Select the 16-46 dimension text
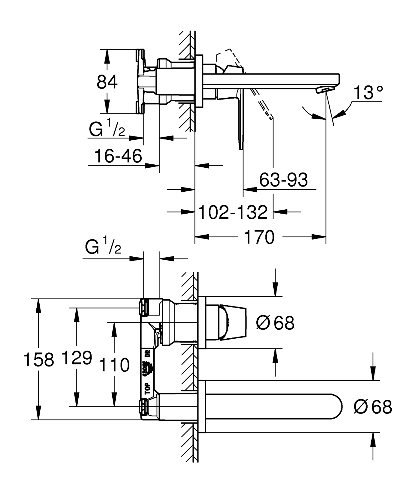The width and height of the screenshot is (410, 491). pyautogui.click(x=118, y=156)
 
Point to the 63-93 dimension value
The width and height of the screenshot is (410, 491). pyautogui.click(x=283, y=180)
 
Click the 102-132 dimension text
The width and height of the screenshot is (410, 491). pyautogui.click(x=233, y=212)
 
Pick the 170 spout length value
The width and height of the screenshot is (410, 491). pyautogui.click(x=260, y=237)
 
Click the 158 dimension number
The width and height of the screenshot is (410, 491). pyautogui.click(x=39, y=359)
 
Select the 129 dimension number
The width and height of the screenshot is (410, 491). pyautogui.click(x=77, y=358)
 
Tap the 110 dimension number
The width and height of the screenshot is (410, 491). pyautogui.click(x=114, y=365)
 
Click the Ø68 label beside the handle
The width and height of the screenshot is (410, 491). pyautogui.click(x=275, y=323)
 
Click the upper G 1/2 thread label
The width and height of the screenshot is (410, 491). pyautogui.click(x=107, y=130)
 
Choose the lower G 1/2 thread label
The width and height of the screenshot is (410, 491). pyautogui.click(x=103, y=247)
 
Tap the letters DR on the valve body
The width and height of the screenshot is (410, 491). pyautogui.click(x=147, y=353)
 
